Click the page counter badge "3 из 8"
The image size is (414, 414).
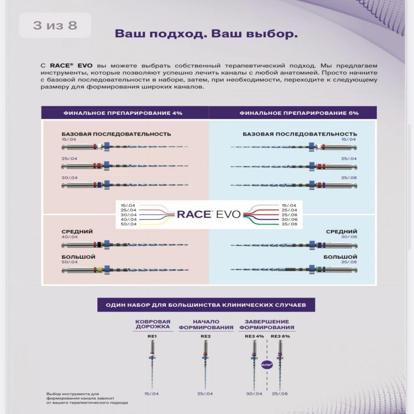click(x=55, y=25)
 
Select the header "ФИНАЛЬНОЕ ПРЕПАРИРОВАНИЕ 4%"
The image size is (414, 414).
click(x=123, y=112)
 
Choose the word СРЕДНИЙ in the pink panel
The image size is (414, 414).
click(x=77, y=232)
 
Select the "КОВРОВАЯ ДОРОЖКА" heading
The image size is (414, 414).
click(x=152, y=324)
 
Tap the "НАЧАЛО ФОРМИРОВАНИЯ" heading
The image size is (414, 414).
click(x=206, y=324)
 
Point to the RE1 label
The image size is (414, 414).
click(x=152, y=336)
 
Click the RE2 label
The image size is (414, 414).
click(x=205, y=336)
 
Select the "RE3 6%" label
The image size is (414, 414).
click(x=280, y=336)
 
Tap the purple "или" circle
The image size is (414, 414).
click(x=267, y=364)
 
